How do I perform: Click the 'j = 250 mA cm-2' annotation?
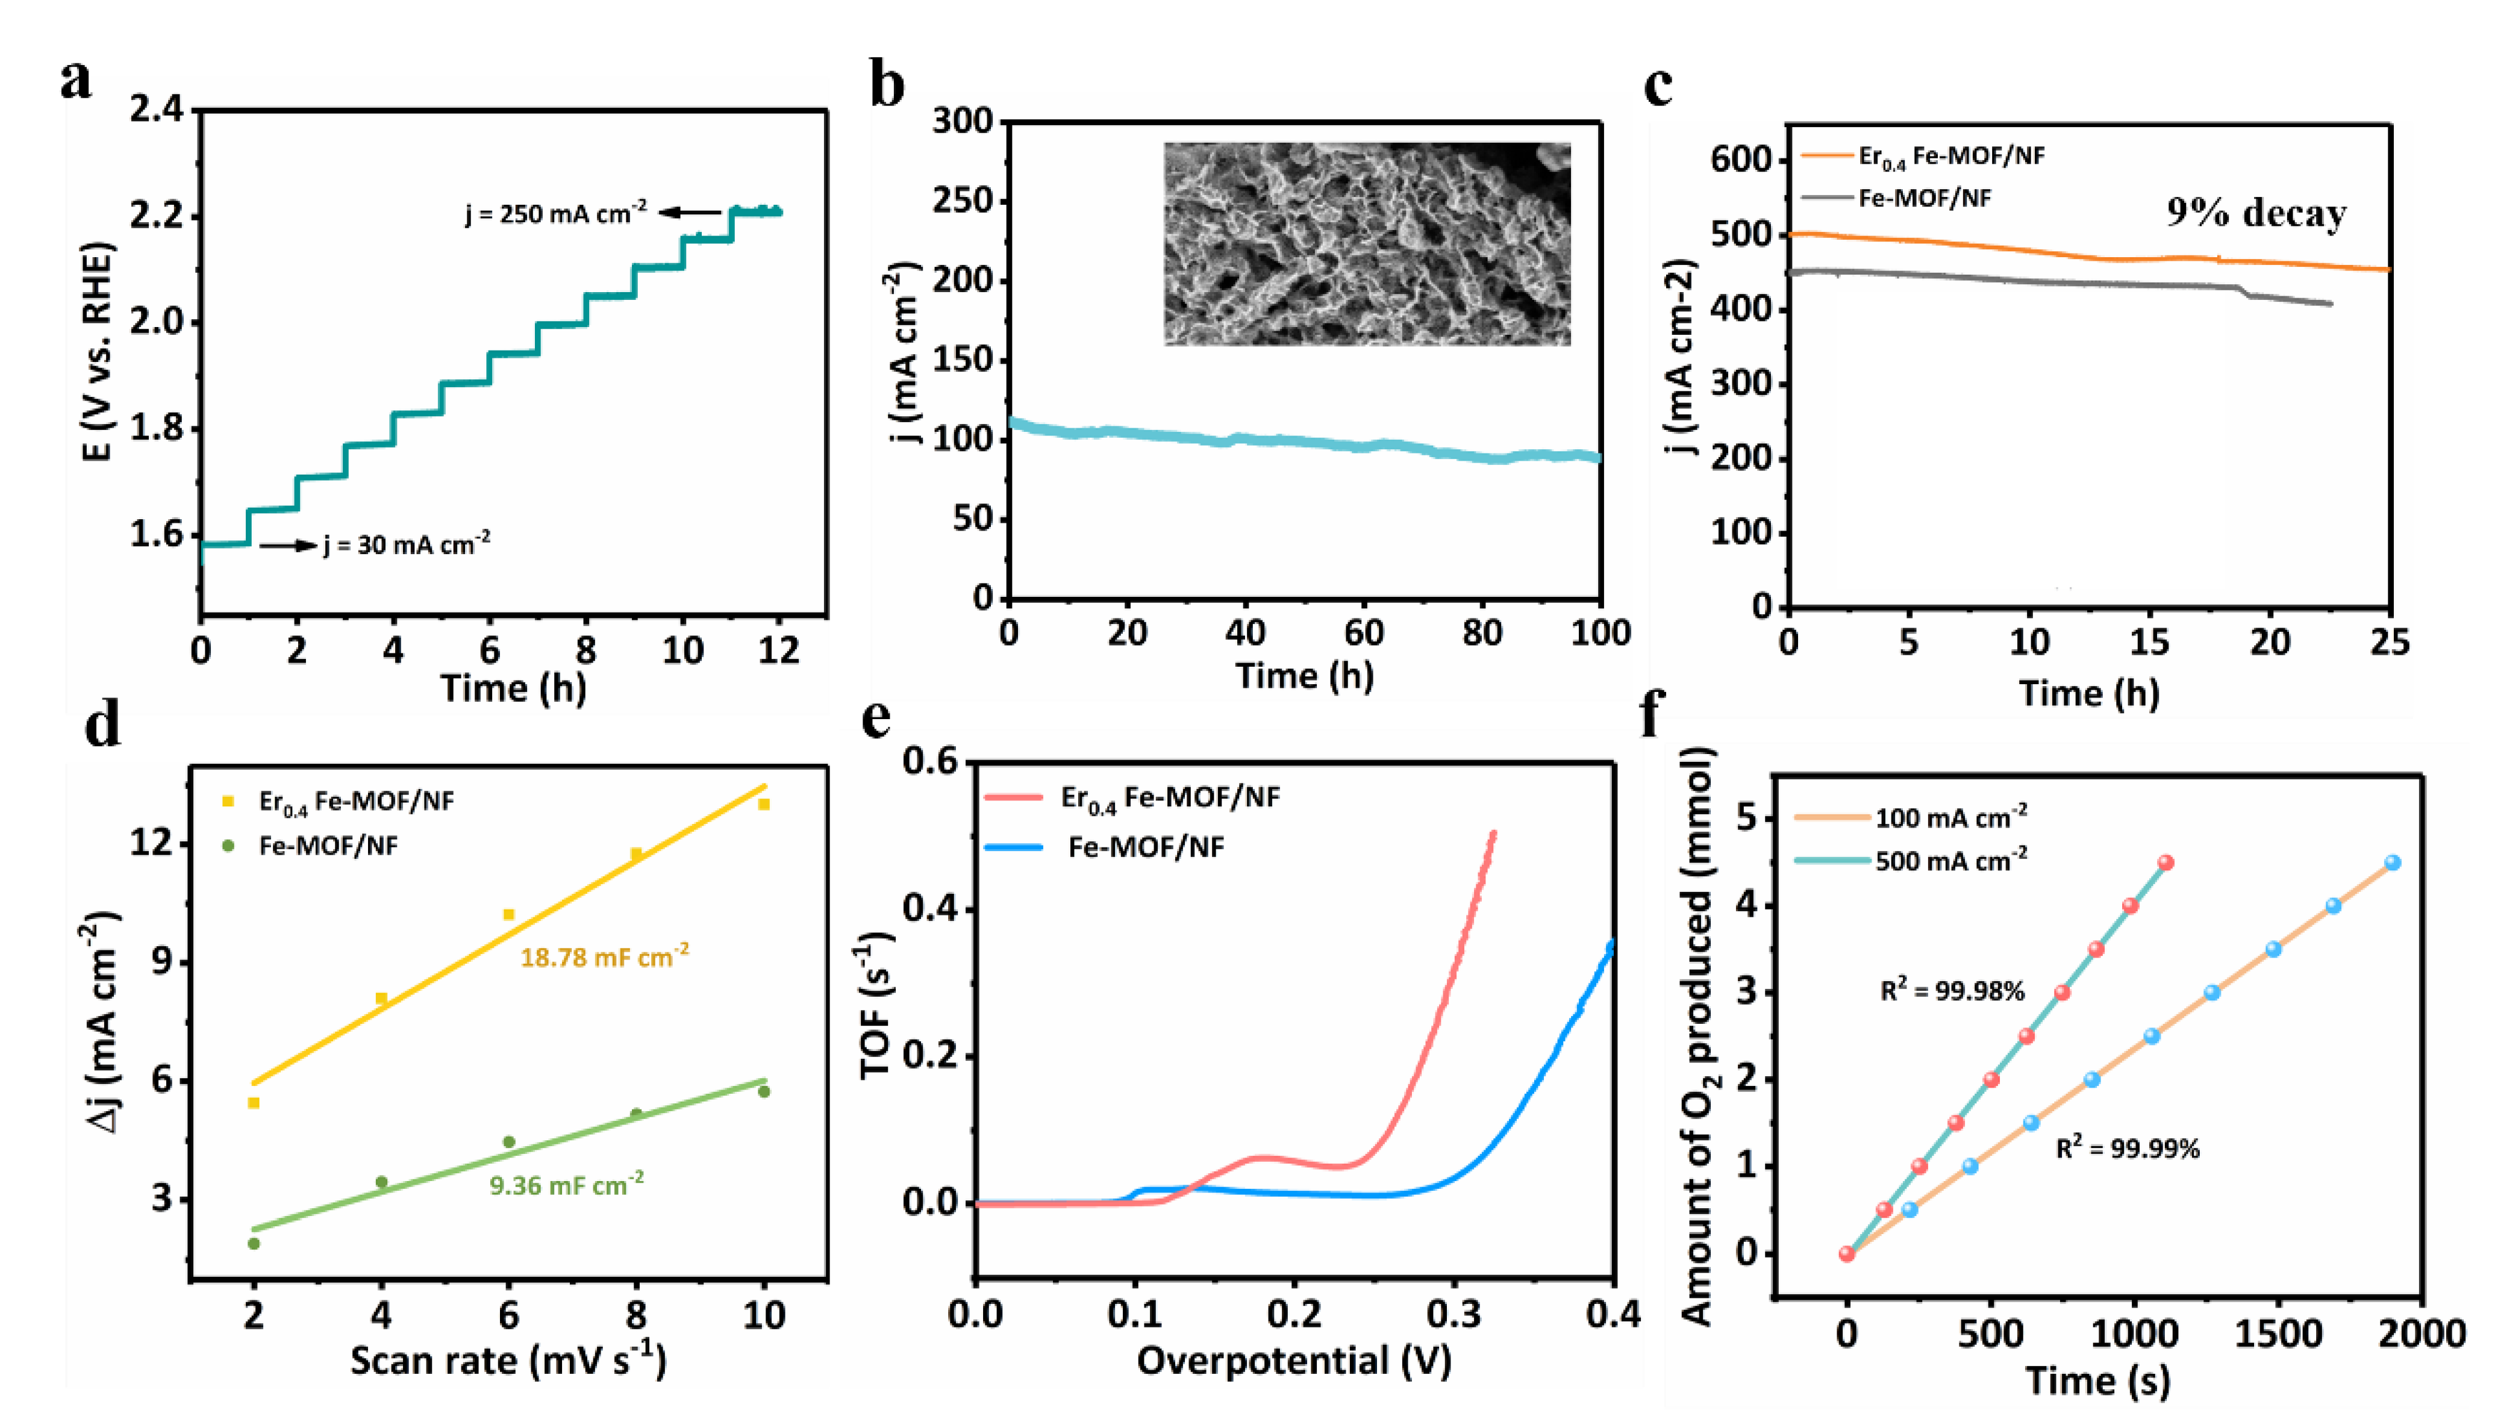tap(555, 213)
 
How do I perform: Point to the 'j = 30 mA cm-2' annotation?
tap(406, 544)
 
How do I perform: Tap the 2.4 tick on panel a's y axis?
tap(157, 110)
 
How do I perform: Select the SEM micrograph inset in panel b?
tap(1366, 243)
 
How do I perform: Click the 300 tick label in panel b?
tap(962, 122)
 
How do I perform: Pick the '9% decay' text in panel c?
tap(2256, 213)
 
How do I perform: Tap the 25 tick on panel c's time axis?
tap(2388, 643)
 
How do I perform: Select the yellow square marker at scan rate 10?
tap(764, 804)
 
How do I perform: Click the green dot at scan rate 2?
tap(254, 1244)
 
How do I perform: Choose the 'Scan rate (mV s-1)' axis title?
tap(508, 1361)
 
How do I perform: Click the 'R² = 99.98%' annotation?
tap(1952, 991)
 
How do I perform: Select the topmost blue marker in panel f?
tap(2392, 863)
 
